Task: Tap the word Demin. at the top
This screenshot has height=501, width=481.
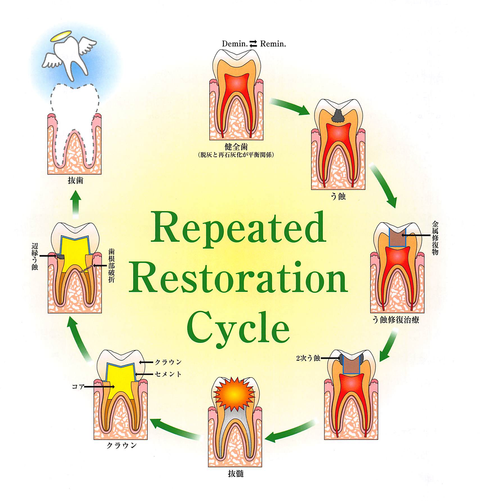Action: (x=234, y=44)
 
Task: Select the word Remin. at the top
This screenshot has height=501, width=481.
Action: (x=273, y=44)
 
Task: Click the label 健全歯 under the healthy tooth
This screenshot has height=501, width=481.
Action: (x=236, y=147)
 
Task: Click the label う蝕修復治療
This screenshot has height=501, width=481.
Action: (x=396, y=320)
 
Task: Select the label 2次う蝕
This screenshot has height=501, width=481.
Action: (x=308, y=358)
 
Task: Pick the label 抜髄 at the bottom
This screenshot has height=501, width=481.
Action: (x=236, y=474)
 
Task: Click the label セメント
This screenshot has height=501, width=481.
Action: (x=168, y=374)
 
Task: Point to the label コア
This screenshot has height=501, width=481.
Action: (x=78, y=387)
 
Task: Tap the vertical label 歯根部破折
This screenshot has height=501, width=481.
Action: (x=112, y=265)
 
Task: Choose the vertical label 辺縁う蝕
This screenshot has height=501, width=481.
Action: (x=35, y=257)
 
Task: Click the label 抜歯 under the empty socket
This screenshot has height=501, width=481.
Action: (x=75, y=180)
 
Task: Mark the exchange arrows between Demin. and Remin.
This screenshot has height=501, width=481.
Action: (x=254, y=44)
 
